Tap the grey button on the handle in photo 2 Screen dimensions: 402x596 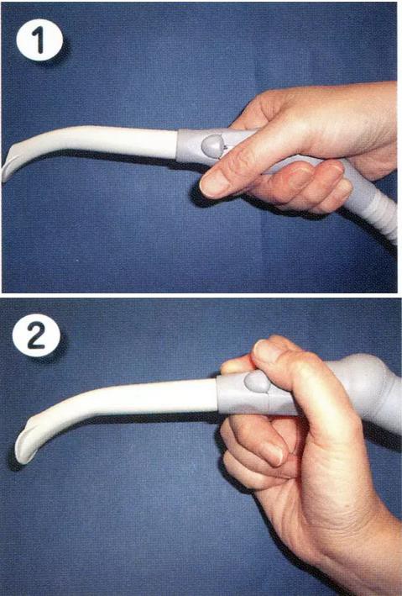[x=258, y=382]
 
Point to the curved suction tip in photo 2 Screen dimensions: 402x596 [x=26, y=445]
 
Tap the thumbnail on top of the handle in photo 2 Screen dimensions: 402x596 [x=264, y=351]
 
